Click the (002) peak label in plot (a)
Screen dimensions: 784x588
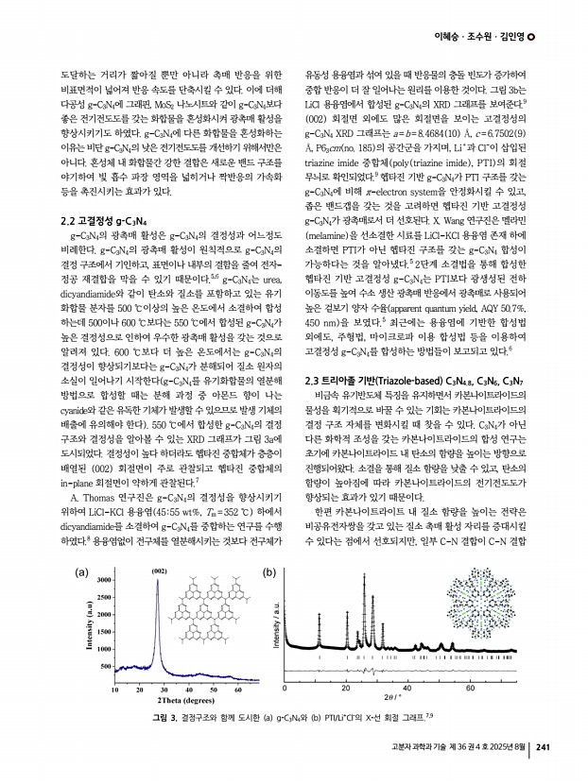pyautogui.click(x=160, y=545)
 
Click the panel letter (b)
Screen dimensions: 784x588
pyautogui.click(x=269, y=546)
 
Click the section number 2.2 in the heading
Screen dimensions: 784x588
pyautogui.click(x=69, y=221)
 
